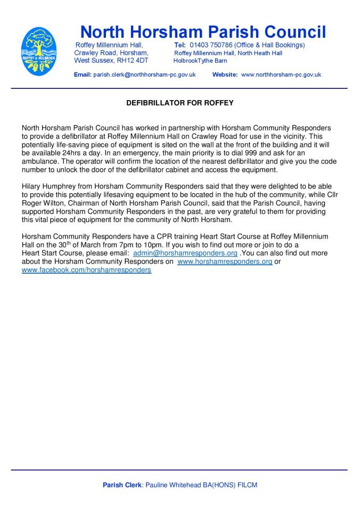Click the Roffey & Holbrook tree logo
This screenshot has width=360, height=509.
click(x=39, y=51)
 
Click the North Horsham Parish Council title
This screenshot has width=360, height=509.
click(x=202, y=31)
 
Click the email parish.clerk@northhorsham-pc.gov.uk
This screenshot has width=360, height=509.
click(x=144, y=75)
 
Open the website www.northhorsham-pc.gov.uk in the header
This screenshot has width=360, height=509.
click(x=281, y=75)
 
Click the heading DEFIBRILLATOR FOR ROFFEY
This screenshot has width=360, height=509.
click(x=179, y=103)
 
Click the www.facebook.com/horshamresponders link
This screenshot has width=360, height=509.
click(x=86, y=270)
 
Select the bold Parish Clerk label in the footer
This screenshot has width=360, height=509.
click(x=122, y=485)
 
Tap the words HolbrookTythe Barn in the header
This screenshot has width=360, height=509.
click(x=200, y=61)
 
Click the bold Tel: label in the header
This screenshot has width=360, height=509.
click(x=180, y=45)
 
